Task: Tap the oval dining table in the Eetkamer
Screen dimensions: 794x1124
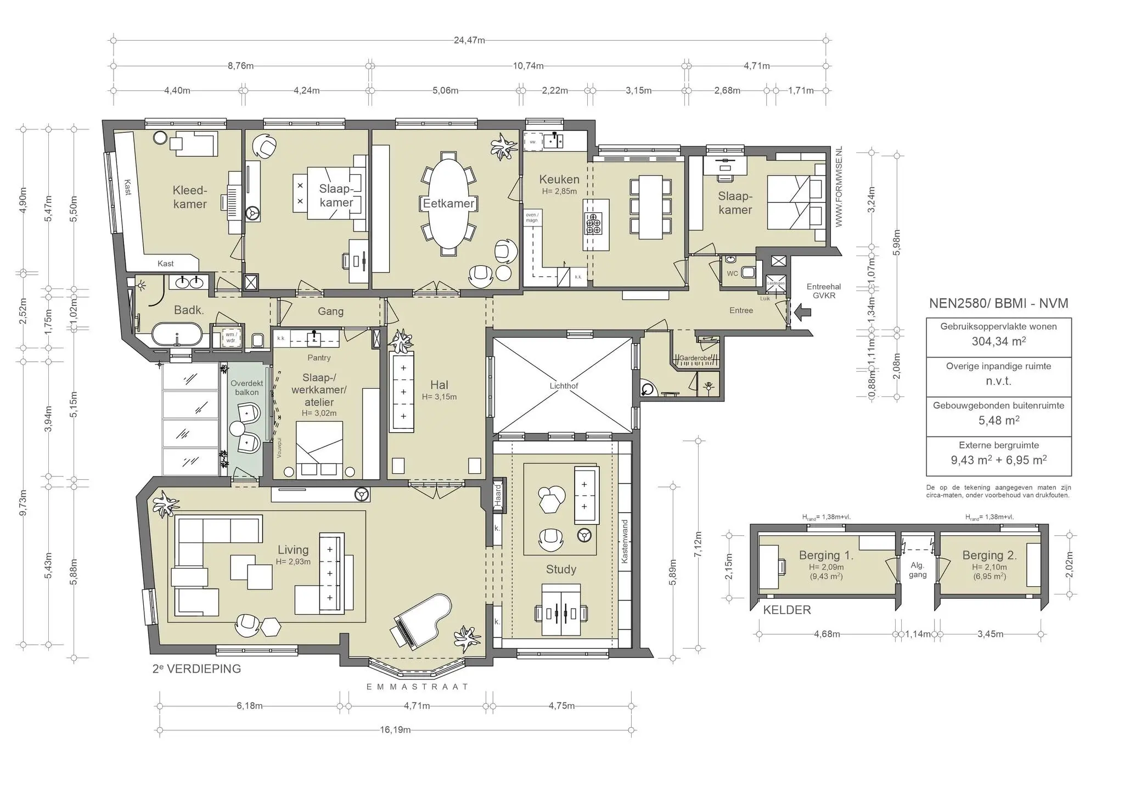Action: click(448, 203)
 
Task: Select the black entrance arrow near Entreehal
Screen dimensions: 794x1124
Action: click(802, 313)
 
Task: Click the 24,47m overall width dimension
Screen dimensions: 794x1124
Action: click(469, 40)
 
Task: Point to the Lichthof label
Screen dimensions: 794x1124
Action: click(564, 385)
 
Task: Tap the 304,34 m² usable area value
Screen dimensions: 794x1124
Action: click(998, 342)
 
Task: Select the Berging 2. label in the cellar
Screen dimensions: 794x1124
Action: click(990, 555)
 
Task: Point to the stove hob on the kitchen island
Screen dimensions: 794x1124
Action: click(593, 224)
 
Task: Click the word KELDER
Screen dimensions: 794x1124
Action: click(786, 610)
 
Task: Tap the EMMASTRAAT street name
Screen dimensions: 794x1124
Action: click(417, 687)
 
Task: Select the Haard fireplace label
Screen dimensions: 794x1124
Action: click(498, 495)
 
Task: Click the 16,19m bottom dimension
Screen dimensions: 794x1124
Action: click(395, 730)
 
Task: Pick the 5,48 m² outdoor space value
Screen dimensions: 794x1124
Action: click(998, 421)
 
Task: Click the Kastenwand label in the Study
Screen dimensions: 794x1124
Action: click(624, 542)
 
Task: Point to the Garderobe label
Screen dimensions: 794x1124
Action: click(695, 358)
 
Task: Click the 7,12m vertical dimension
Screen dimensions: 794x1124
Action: click(698, 545)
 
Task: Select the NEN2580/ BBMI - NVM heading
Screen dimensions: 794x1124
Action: click(998, 303)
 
